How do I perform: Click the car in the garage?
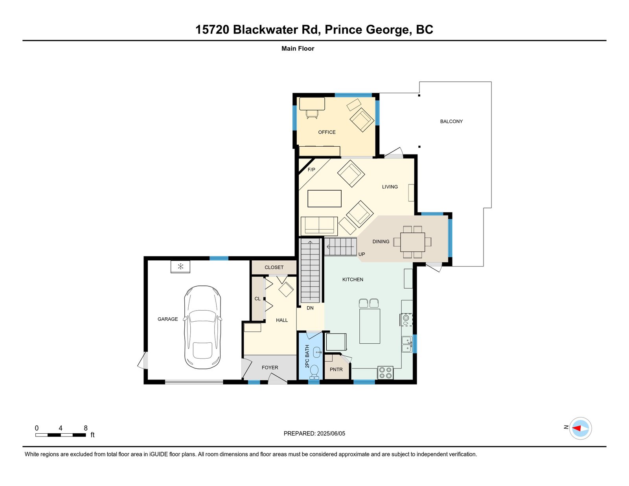click(x=202, y=328)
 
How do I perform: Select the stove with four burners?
click(x=386, y=373)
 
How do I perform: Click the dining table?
click(x=412, y=242)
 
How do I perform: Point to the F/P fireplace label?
click(x=311, y=169)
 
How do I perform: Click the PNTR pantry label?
click(x=336, y=370)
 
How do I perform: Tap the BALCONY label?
click(x=451, y=121)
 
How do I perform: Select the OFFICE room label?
click(x=327, y=132)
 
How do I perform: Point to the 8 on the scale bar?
click(x=86, y=428)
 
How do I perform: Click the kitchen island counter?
click(x=370, y=326)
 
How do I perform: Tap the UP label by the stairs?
click(x=362, y=254)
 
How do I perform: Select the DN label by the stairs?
click(x=310, y=308)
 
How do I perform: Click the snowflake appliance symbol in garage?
click(x=180, y=267)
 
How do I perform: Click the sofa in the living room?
click(x=319, y=226)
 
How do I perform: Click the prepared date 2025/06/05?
click(x=331, y=434)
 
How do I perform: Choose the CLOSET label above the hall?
click(x=274, y=267)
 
